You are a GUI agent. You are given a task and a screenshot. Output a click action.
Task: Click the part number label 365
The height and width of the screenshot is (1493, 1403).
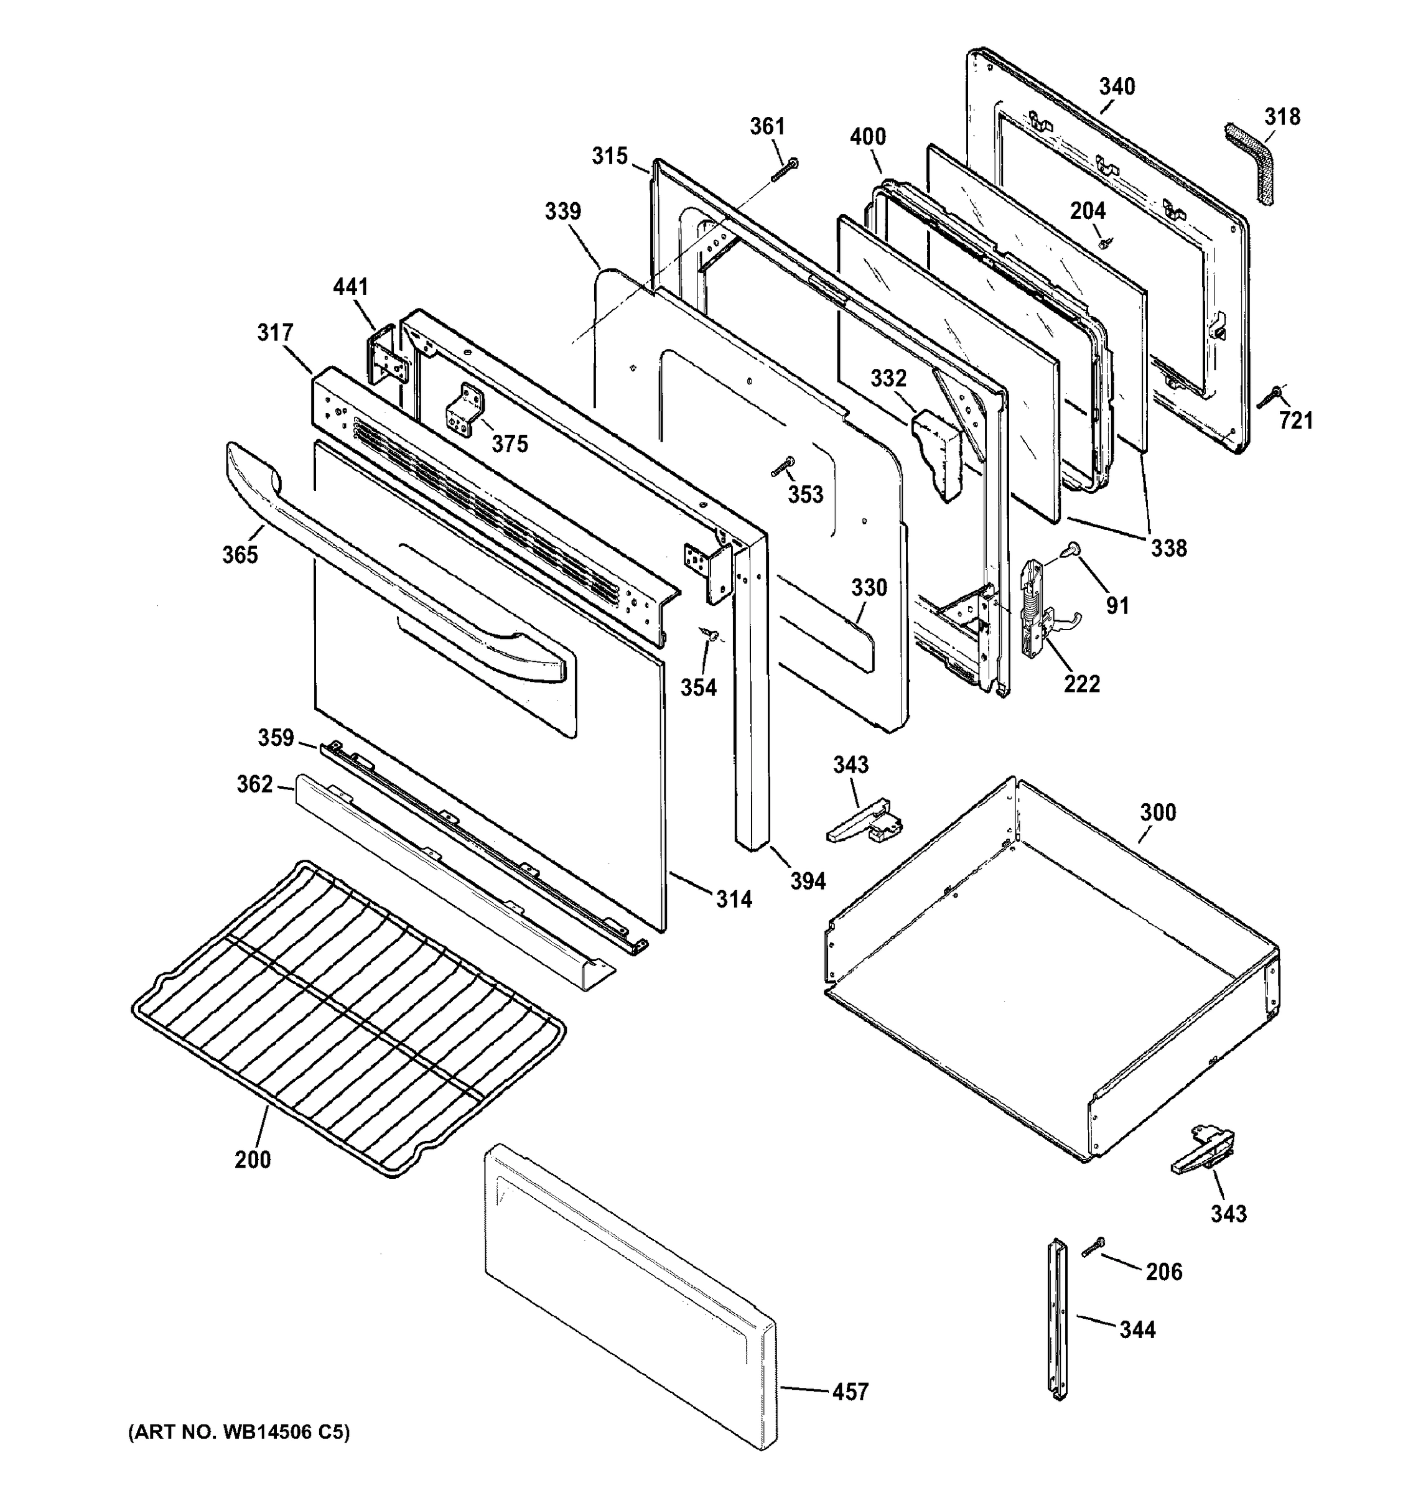(240, 554)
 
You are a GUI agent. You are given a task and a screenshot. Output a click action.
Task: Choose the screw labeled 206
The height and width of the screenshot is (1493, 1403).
(1093, 1247)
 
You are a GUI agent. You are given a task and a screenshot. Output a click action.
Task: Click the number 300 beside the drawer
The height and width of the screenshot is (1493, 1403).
(1157, 812)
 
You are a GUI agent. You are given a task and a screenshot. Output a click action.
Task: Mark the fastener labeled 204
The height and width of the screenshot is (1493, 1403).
(1105, 243)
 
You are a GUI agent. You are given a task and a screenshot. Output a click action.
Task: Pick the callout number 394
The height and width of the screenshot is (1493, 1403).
(808, 881)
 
